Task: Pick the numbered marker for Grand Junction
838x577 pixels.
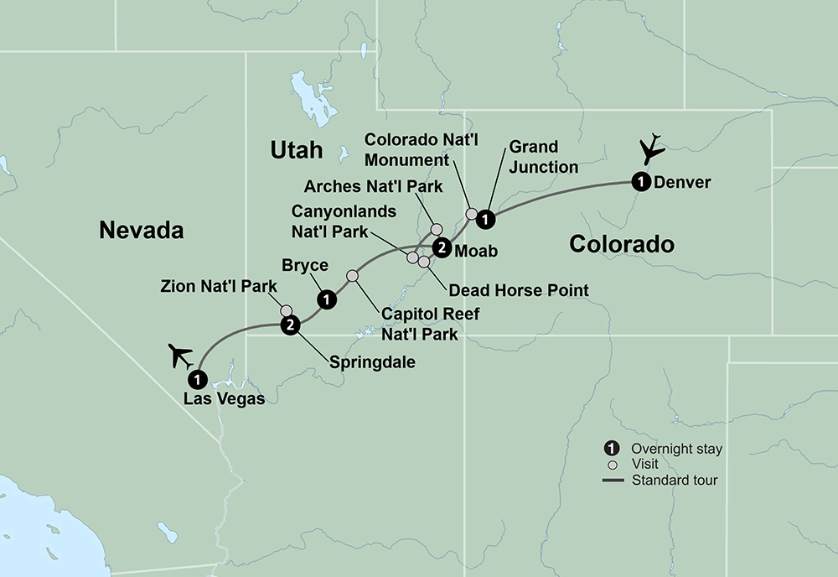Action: coord(484,220)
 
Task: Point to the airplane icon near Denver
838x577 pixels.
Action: coord(651,148)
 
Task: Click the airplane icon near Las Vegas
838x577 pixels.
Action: coord(183,356)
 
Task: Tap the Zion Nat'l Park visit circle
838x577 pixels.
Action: coord(287,309)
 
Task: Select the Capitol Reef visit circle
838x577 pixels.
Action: coord(352,276)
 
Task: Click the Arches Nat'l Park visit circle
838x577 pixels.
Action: coord(436,228)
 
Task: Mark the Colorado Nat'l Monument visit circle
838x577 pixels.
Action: coord(471,213)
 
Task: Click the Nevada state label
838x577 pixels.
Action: coord(141,230)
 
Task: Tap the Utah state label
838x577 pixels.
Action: coord(296,150)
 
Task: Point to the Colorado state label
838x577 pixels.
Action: coord(621,244)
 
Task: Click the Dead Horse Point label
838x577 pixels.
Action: coord(519,290)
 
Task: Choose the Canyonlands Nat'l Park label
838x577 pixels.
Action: coord(344,222)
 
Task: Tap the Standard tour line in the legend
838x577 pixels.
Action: coord(614,481)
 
